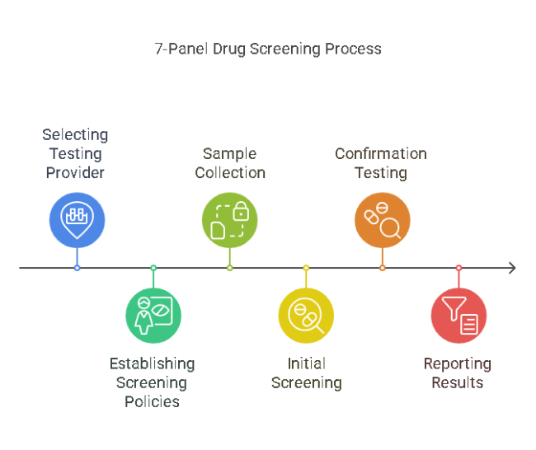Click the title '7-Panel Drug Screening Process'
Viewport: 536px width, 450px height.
[x=268, y=49]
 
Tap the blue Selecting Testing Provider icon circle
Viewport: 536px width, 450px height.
[x=77, y=220]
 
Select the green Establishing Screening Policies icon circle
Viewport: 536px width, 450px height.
[x=153, y=316]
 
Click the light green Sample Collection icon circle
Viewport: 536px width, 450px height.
[x=229, y=220]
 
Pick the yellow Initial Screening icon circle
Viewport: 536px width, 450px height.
[x=306, y=316]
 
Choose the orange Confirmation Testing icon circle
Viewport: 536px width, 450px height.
[x=382, y=220]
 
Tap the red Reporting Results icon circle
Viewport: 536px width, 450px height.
[x=458, y=316]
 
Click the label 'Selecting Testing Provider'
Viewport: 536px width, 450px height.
[x=75, y=153]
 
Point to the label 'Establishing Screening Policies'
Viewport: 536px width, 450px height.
[x=152, y=382]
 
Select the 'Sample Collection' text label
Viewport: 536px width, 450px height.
[x=229, y=163]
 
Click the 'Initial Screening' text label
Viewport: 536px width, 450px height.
[x=306, y=373]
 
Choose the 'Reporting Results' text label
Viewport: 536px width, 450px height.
[x=457, y=373]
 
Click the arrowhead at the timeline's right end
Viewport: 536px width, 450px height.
[x=512, y=268]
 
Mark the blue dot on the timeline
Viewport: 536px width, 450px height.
[x=77, y=268]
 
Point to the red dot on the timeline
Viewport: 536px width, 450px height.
[x=458, y=268]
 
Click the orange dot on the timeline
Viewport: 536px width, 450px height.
[x=382, y=268]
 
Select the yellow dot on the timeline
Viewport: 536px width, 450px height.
[x=306, y=268]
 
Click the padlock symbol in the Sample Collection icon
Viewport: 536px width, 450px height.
[x=240, y=212]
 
